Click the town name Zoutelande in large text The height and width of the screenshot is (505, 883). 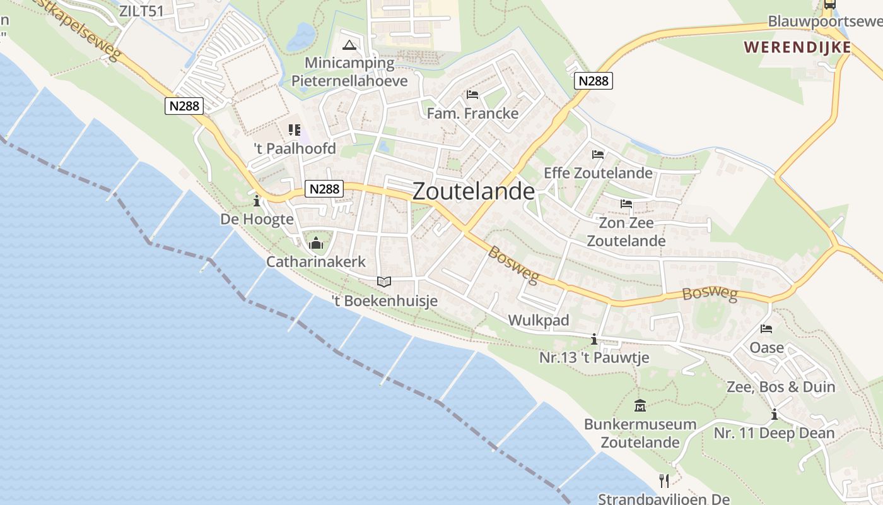pos(474,191)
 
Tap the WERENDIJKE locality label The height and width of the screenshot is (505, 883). pos(797,47)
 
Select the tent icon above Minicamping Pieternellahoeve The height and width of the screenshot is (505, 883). pos(349,45)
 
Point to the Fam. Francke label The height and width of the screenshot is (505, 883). pos(472,114)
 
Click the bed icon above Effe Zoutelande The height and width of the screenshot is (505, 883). pos(598,155)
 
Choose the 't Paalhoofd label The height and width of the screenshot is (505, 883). pos(295,150)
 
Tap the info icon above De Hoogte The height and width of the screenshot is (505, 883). pos(257,202)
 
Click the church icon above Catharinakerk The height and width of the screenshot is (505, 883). pos(316,243)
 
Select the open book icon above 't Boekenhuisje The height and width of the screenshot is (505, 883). pos(384,282)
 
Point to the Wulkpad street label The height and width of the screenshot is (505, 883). pos(538,321)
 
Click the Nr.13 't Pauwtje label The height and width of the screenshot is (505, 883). pos(594,358)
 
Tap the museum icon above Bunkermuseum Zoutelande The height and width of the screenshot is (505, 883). pos(640,406)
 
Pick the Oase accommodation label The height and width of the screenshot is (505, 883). pos(766,348)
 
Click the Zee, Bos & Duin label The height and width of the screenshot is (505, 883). pos(781,387)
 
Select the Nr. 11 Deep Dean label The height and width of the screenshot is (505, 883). pos(774,434)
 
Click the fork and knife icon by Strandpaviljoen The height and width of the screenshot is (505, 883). pos(664,481)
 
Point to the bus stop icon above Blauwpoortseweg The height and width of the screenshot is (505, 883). pos(830,5)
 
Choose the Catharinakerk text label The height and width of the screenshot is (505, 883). pos(316,261)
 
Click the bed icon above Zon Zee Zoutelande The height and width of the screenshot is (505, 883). pos(626,204)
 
